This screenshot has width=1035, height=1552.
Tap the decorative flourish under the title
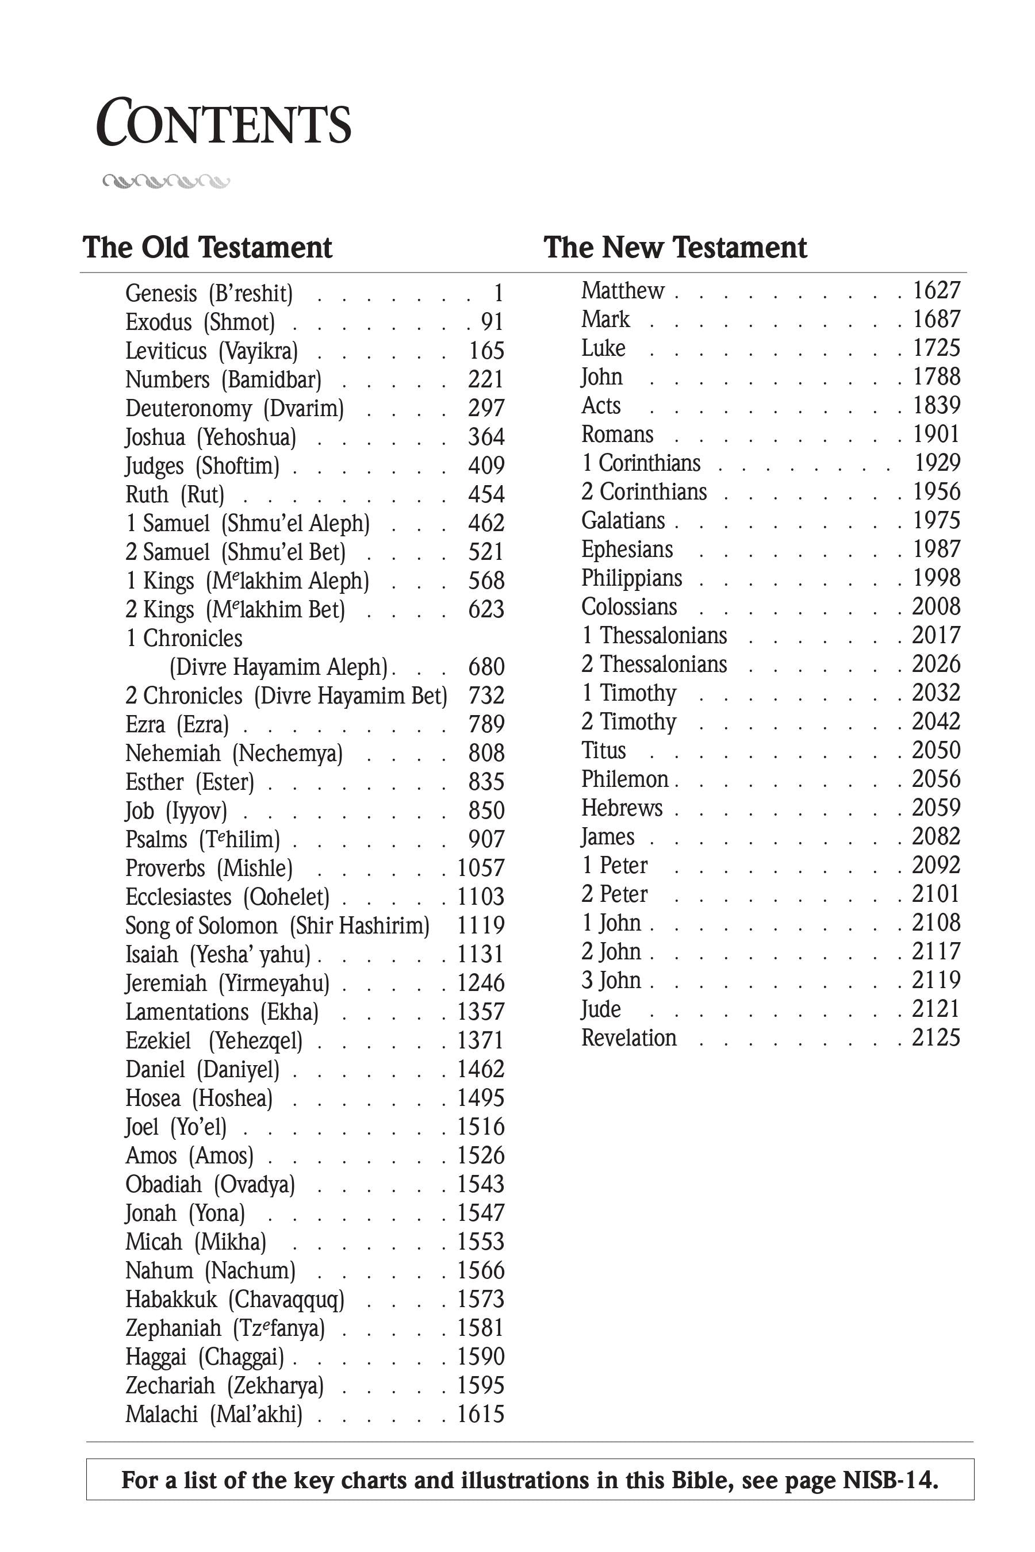[x=166, y=181]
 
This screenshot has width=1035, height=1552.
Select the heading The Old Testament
[x=207, y=247]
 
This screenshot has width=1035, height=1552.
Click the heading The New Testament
[x=674, y=247]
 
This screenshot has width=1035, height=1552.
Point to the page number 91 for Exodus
[x=492, y=322]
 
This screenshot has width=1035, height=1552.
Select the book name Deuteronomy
[x=189, y=409]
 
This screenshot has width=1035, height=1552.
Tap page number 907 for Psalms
[x=486, y=839]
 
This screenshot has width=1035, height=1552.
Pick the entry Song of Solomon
[x=201, y=926]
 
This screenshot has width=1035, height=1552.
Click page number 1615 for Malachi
[x=481, y=1414]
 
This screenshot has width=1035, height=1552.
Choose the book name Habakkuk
[x=171, y=1299]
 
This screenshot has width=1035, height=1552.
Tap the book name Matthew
[x=623, y=290]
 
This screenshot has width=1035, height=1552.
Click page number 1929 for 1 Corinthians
[x=937, y=463]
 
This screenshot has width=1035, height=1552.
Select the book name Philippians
[x=631, y=578]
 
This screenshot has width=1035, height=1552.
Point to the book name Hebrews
[x=622, y=808]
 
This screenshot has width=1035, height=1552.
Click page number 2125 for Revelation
[x=936, y=1038]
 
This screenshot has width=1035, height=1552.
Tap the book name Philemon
[x=625, y=779]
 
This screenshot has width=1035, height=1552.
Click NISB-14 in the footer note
[x=890, y=1480]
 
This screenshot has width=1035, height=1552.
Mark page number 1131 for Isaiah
[x=481, y=954]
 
